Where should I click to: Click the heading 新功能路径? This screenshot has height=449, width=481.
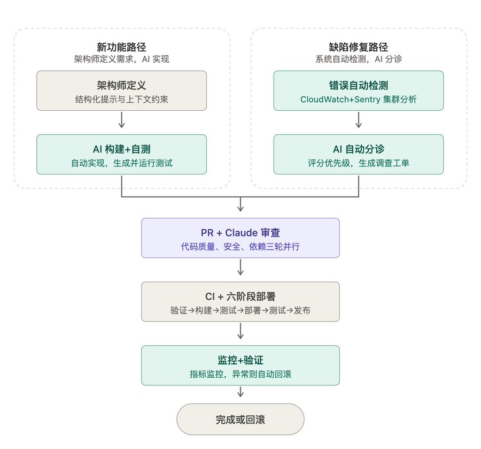point(121,47)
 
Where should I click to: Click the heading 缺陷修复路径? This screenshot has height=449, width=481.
point(358,47)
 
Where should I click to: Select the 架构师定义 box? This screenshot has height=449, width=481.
point(121,90)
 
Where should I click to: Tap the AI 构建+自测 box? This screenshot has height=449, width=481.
point(121,154)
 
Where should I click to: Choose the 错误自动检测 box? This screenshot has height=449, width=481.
point(358,90)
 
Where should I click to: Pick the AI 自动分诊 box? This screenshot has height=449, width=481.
point(358,154)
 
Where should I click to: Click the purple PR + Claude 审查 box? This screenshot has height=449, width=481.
point(240,238)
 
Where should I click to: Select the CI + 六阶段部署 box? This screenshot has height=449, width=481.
point(240,302)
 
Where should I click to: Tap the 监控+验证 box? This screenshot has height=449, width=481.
point(240,365)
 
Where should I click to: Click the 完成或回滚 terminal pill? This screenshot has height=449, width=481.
point(240,419)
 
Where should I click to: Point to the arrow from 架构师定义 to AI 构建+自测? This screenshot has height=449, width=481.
point(121,120)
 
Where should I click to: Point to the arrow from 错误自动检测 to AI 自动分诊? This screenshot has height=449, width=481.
point(358,120)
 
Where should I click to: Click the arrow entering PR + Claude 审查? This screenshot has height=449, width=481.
point(241,204)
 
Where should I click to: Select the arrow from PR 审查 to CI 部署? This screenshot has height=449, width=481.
point(241,267)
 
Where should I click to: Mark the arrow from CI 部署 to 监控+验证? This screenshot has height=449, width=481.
point(241,331)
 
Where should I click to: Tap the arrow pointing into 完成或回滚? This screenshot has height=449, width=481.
point(241,392)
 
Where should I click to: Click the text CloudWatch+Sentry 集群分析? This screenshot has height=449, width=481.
point(358,99)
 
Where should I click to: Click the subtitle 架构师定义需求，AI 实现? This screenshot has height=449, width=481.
point(121,59)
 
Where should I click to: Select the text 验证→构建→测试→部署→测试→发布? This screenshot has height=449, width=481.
point(240,310)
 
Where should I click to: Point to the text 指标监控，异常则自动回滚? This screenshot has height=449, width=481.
point(240,374)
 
